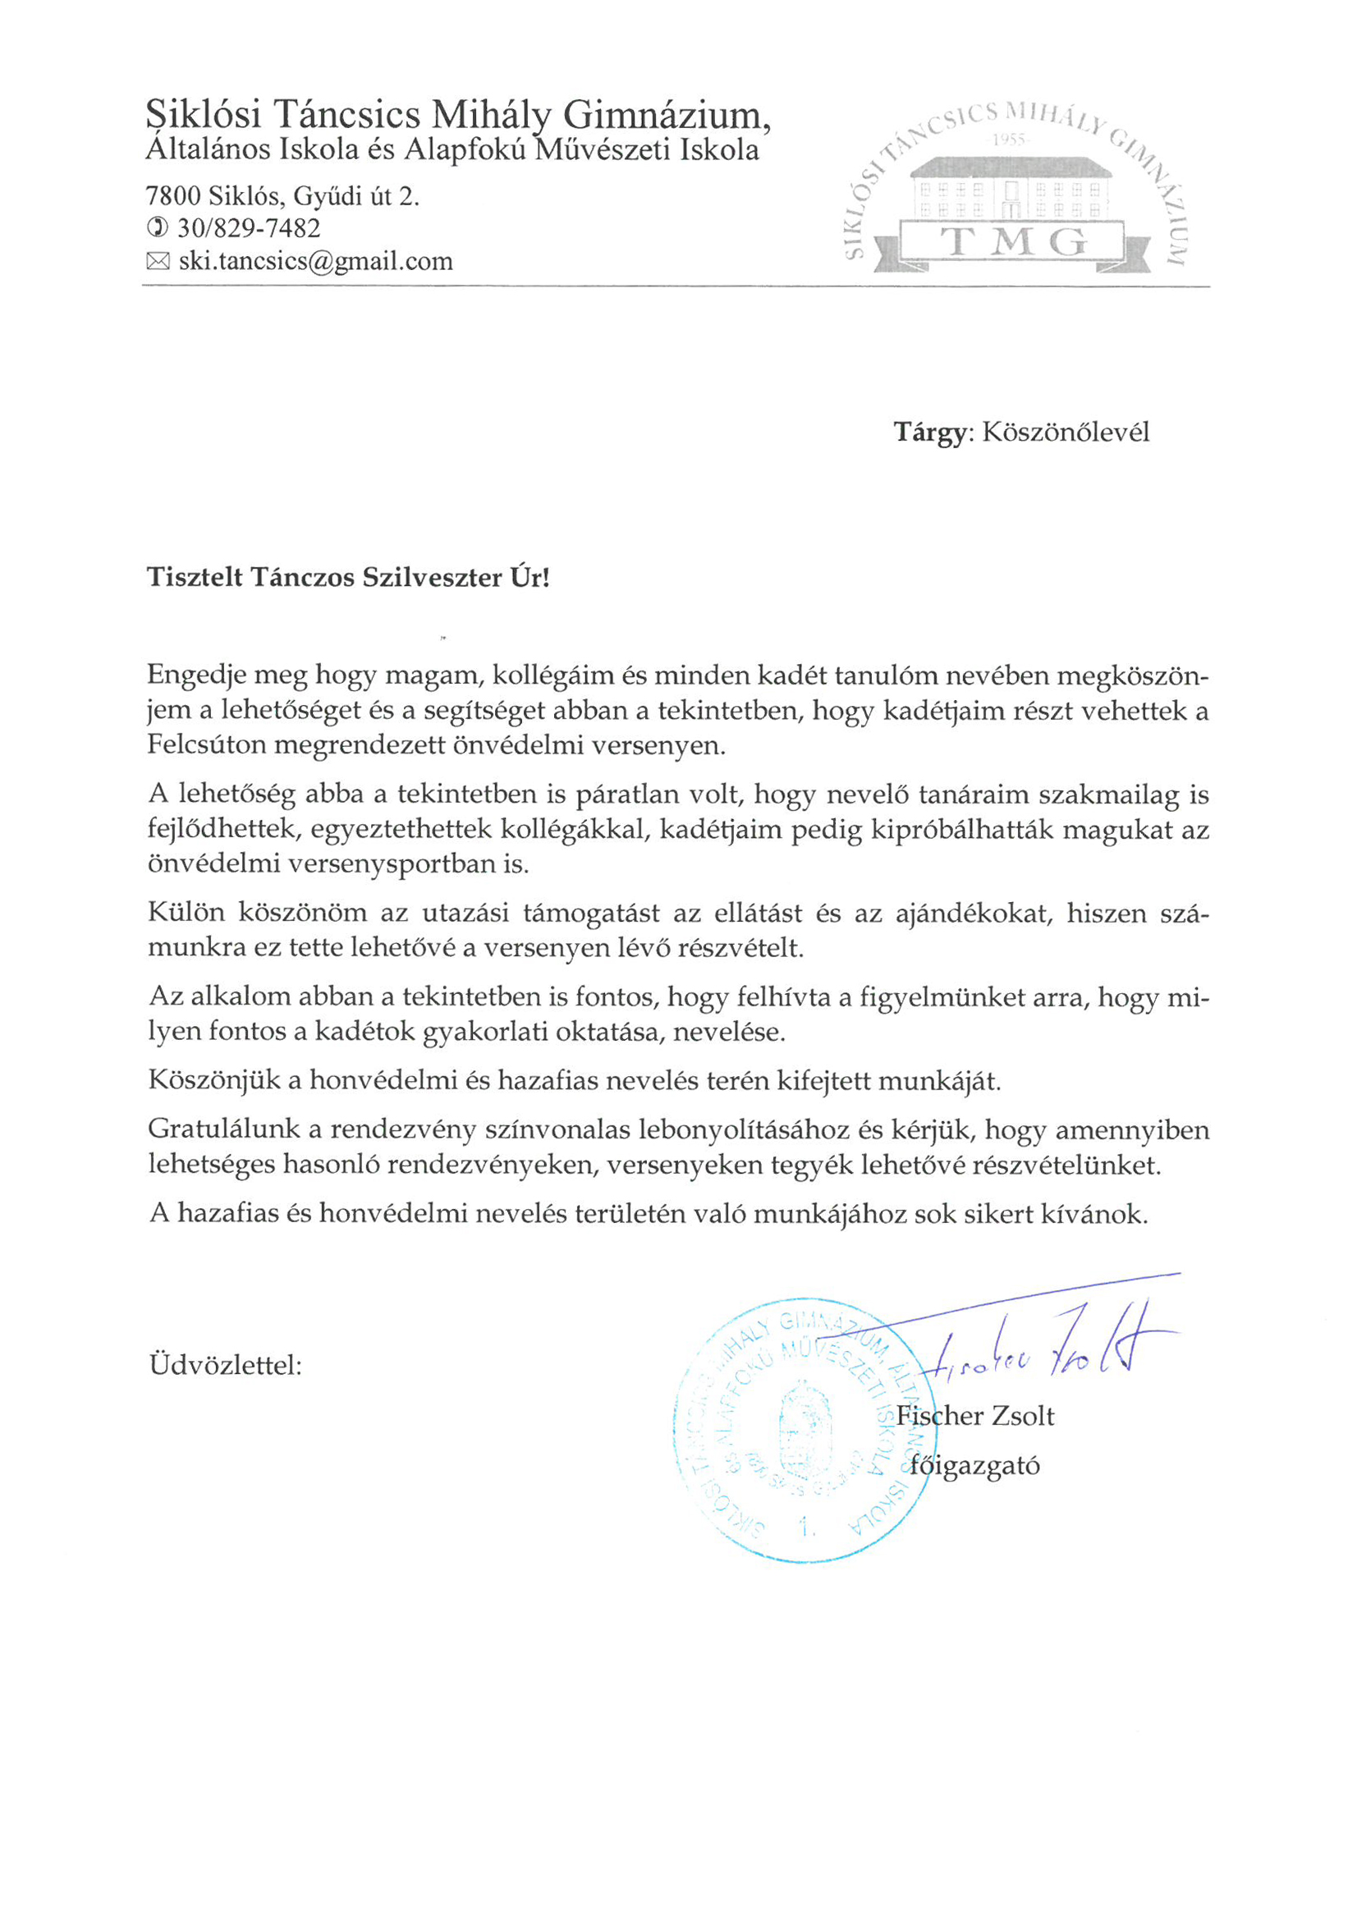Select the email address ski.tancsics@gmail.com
tap(315, 262)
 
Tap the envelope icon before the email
tap(157, 262)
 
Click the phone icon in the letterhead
tap(156, 227)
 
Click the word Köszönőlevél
tap(1066, 432)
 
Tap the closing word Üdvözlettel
tap(225, 1366)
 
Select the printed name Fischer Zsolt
tap(975, 1416)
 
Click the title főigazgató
tap(975, 1466)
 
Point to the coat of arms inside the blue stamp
tap(805, 1431)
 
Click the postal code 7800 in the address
tap(173, 196)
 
